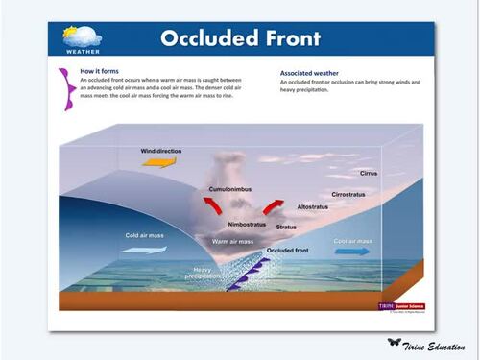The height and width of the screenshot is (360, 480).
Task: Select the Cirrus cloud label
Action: (371, 174)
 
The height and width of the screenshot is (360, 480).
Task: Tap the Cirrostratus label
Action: (351, 194)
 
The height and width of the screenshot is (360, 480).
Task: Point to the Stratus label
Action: (286, 228)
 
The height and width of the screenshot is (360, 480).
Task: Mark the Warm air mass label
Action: (232, 241)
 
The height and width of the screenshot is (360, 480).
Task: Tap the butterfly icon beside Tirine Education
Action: (394, 343)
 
